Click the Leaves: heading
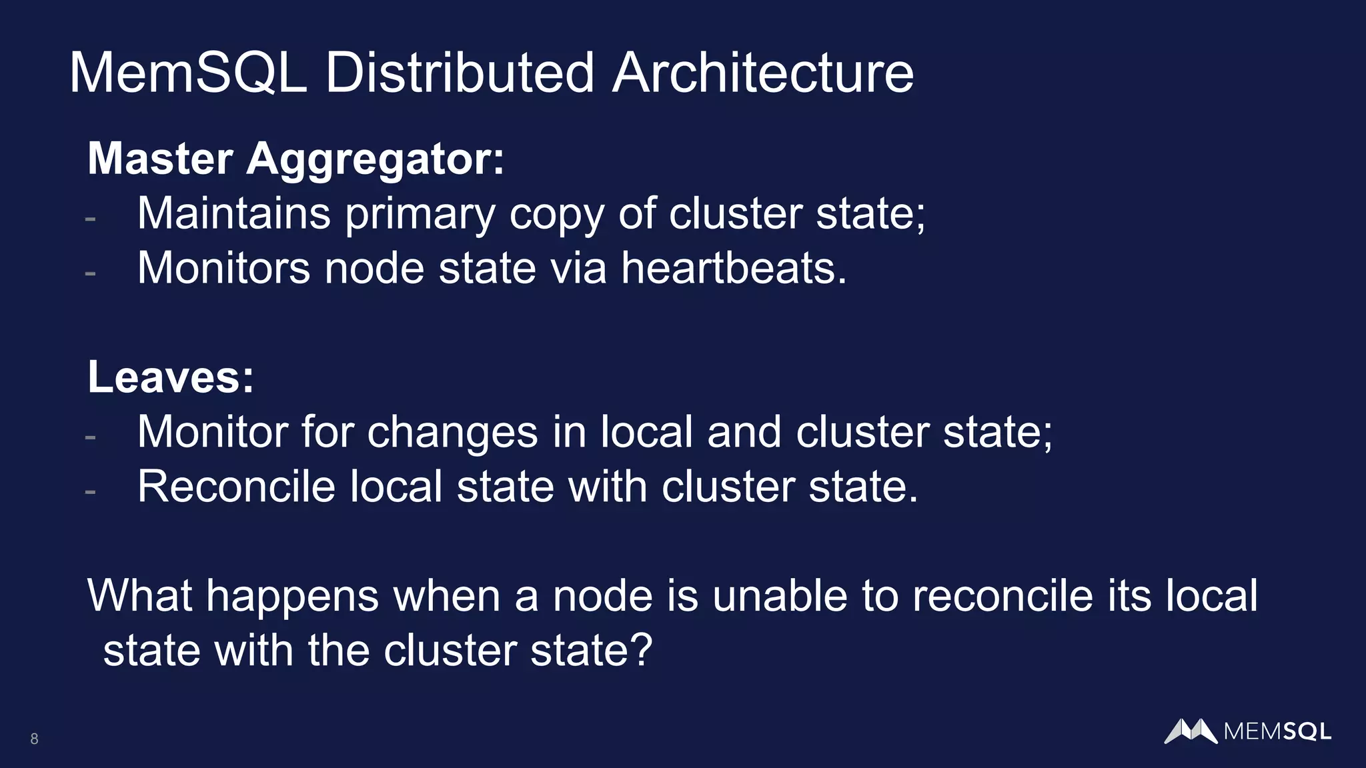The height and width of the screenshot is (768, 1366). coord(171,377)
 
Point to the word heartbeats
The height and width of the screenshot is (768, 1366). coord(734,268)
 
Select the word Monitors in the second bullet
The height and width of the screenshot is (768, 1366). coord(223,268)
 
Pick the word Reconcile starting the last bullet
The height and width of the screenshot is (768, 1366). coord(236,487)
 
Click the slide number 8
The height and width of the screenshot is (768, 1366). coord(34,739)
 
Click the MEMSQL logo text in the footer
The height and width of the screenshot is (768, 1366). coord(1277,732)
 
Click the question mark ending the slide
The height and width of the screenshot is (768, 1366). coord(641,651)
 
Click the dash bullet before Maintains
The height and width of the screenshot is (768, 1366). coord(91,219)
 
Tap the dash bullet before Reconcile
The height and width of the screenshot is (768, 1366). coord(91,492)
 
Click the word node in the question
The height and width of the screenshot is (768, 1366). coord(602,596)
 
